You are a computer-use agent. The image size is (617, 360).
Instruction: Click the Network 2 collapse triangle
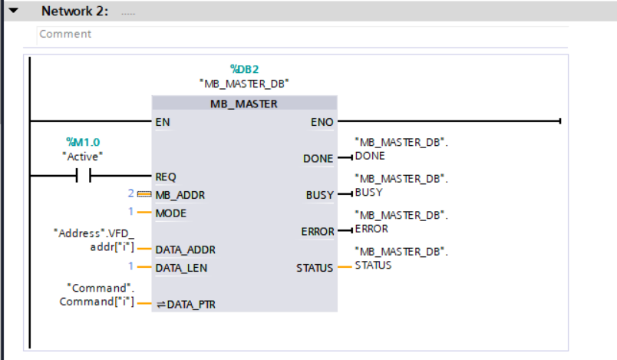click(x=12, y=11)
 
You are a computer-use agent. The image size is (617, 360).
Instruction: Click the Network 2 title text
click(x=74, y=12)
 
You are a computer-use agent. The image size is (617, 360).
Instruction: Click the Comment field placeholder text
click(x=65, y=34)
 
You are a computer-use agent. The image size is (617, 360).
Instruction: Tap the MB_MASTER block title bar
click(x=244, y=104)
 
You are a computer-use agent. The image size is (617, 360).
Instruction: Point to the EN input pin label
click(x=163, y=121)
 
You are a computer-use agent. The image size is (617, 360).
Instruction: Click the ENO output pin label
click(x=322, y=121)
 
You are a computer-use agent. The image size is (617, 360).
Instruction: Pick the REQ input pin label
click(x=166, y=177)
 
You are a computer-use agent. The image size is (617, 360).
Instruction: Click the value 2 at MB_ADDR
click(x=130, y=194)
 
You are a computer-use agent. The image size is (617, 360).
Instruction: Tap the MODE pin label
click(x=170, y=212)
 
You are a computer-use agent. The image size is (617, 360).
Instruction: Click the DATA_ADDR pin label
click(x=185, y=249)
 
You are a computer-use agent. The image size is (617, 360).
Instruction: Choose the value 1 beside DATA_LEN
click(x=130, y=268)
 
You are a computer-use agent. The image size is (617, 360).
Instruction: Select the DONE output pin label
click(x=319, y=158)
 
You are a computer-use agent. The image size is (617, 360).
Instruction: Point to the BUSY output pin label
click(x=320, y=195)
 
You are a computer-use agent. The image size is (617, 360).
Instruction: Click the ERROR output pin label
click(x=317, y=231)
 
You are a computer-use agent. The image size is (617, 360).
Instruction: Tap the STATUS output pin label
click(x=315, y=268)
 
